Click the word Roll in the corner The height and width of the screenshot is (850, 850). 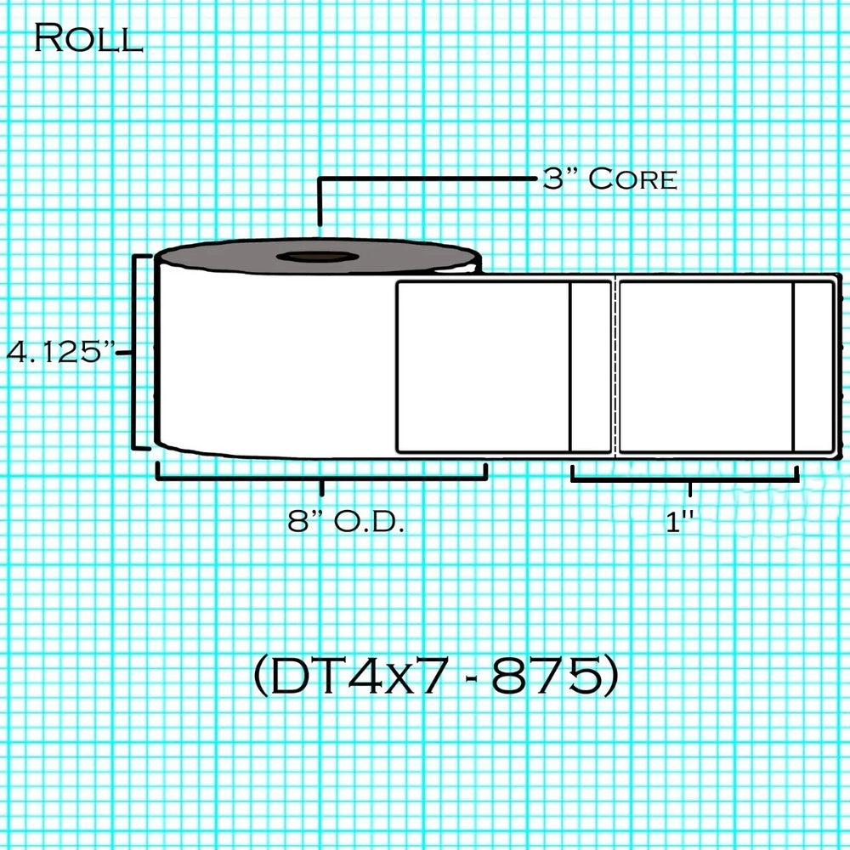88,38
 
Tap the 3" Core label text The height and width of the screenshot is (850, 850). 609,178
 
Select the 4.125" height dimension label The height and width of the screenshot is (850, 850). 60,351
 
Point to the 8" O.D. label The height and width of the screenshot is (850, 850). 346,522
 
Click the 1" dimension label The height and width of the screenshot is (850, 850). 680,522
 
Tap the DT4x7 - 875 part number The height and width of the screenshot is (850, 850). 436,675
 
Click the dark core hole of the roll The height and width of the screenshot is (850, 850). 318,257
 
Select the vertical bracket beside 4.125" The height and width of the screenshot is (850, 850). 134,352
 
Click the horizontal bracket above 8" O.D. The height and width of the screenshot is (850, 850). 321,479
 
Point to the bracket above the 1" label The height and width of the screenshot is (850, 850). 685,479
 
